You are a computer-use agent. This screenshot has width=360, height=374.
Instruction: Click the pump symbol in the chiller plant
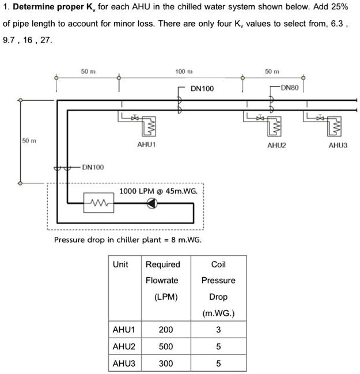click(x=152, y=203)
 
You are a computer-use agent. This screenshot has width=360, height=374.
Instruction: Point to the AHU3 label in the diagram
click(x=338, y=146)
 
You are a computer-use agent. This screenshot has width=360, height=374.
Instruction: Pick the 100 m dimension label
click(x=183, y=71)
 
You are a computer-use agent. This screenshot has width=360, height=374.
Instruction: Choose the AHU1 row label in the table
click(x=123, y=330)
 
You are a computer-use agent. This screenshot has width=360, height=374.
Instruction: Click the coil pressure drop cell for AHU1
click(x=218, y=330)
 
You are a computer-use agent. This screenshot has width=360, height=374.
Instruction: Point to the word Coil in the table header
click(x=218, y=265)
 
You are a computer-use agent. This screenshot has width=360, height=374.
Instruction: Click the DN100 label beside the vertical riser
click(x=93, y=167)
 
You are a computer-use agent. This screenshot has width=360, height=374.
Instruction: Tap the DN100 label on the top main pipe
click(x=202, y=89)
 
